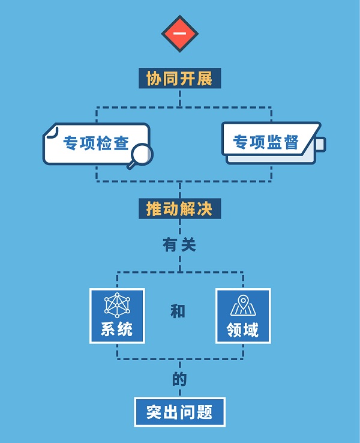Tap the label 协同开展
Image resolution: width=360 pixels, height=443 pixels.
point(179,79)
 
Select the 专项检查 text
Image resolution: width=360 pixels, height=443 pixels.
point(96,143)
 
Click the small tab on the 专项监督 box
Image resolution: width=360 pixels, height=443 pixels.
point(320,145)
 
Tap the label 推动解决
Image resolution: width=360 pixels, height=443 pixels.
point(179,208)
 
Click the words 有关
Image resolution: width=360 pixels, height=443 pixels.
point(179,245)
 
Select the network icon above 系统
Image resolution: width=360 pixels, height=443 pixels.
point(117,305)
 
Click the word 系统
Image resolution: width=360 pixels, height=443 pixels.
point(117,330)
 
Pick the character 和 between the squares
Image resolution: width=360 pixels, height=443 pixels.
point(178,311)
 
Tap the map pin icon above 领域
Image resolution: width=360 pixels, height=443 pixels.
point(242,305)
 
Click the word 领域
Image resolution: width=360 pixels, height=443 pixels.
point(242,330)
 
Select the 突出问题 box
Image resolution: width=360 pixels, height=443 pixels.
point(179,412)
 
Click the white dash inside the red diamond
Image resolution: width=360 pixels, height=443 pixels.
point(179,33)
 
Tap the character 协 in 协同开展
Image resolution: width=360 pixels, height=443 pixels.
point(154,79)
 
